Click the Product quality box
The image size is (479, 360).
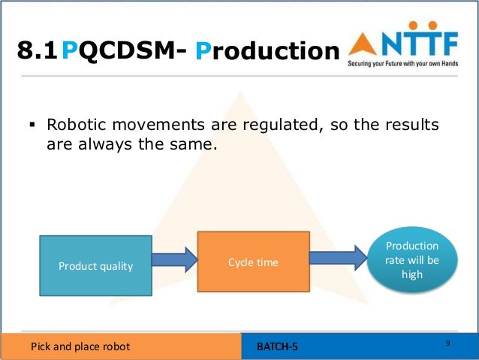95,265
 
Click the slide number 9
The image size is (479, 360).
447,343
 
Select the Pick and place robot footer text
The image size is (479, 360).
80,346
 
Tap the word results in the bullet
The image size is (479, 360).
408,124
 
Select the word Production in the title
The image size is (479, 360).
267,50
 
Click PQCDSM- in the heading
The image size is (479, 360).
123,50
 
